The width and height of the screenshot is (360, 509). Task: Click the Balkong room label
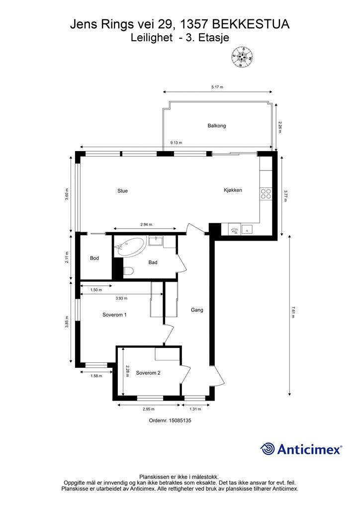(216, 126)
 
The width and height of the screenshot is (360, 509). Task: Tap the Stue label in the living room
(122, 191)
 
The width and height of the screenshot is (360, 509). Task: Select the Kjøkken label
(233, 190)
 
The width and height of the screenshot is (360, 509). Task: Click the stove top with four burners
(266, 194)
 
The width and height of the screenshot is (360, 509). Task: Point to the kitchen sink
(247, 230)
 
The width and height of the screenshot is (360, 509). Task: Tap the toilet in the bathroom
(128, 271)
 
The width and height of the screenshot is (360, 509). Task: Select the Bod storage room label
(94, 258)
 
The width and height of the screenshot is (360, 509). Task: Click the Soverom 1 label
(114, 315)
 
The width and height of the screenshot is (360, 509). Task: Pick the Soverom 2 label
(148, 373)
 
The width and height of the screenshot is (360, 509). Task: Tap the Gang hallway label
(197, 310)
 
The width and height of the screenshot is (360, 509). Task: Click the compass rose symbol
(242, 57)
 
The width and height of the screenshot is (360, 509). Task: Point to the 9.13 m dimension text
(176, 143)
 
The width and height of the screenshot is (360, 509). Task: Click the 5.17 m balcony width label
(217, 87)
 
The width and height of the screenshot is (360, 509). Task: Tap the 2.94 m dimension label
(146, 224)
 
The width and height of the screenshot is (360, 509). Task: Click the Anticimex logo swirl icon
(267, 449)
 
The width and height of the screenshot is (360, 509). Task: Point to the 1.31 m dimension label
(195, 409)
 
